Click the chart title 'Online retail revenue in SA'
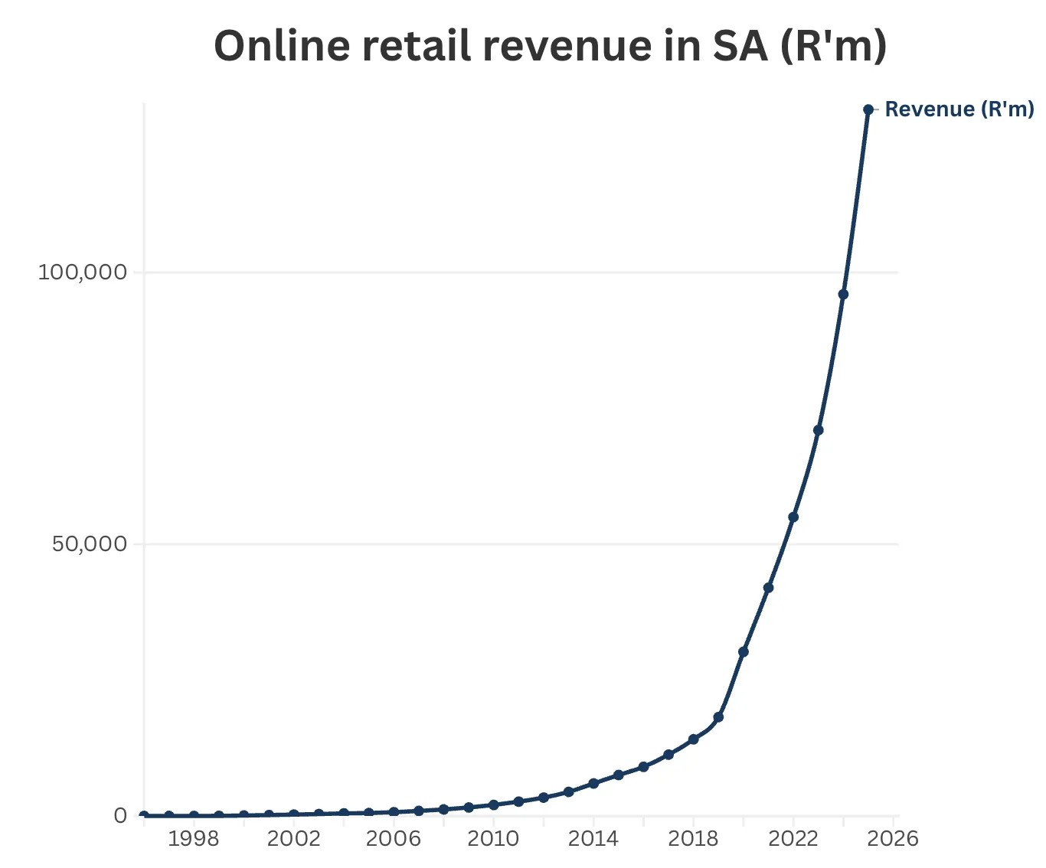pos(550,46)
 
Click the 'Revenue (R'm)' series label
pos(959,109)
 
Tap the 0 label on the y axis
pos(120,816)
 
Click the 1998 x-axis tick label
pos(194,839)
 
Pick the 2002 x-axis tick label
pos(294,839)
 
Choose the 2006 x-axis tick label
pos(394,839)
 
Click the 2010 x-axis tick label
pos(493,839)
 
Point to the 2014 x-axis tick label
pos(593,839)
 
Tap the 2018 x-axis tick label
pos(693,839)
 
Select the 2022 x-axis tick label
pos(793,839)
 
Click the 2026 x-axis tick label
pos(893,839)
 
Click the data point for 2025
pos(868,109)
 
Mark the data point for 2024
pos(843,294)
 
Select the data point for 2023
pos(818,430)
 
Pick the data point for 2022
pos(793,517)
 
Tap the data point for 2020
pos(743,652)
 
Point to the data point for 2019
pos(718,717)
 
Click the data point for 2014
pos(593,784)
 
